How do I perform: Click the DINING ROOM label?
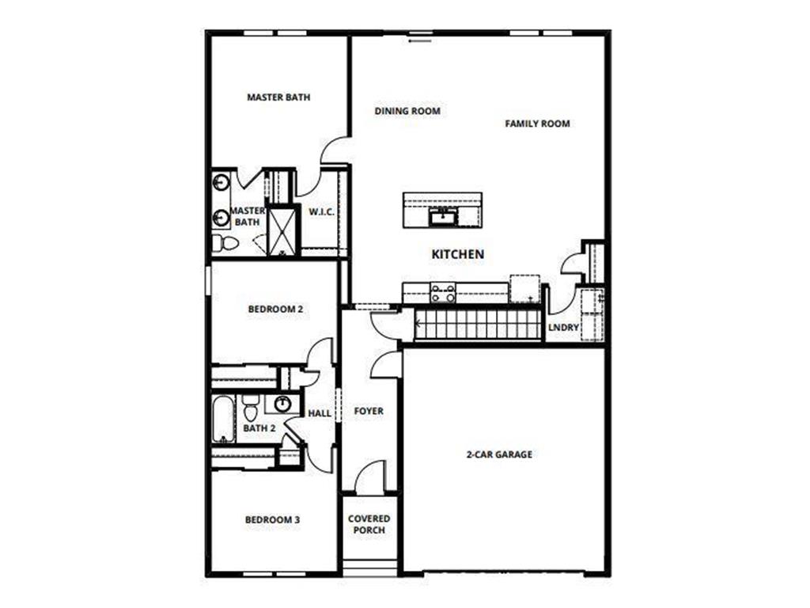(407, 112)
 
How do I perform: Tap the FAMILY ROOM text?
(537, 123)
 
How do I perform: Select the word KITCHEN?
(457, 255)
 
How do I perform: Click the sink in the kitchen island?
(441, 216)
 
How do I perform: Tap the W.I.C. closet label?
(321, 212)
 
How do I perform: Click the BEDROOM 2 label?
(275, 310)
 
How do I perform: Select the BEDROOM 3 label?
(272, 520)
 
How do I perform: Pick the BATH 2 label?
(259, 428)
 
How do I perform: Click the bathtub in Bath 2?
(222, 420)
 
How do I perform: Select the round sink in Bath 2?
(282, 405)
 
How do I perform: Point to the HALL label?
(320, 413)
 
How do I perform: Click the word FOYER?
(369, 412)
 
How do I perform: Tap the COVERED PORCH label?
(369, 524)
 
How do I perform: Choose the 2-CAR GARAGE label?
(498, 454)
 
